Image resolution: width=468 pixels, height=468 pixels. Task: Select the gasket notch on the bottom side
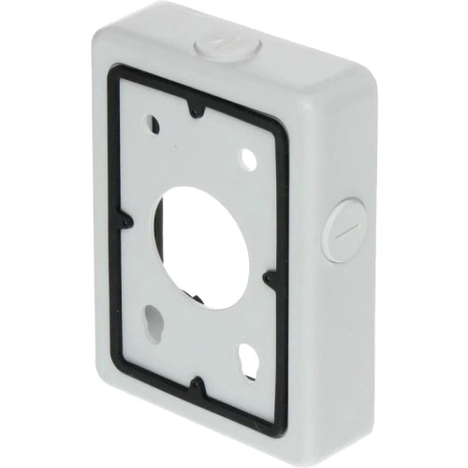click(x=198, y=384)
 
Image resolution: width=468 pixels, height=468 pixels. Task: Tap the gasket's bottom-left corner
click(x=124, y=356)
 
